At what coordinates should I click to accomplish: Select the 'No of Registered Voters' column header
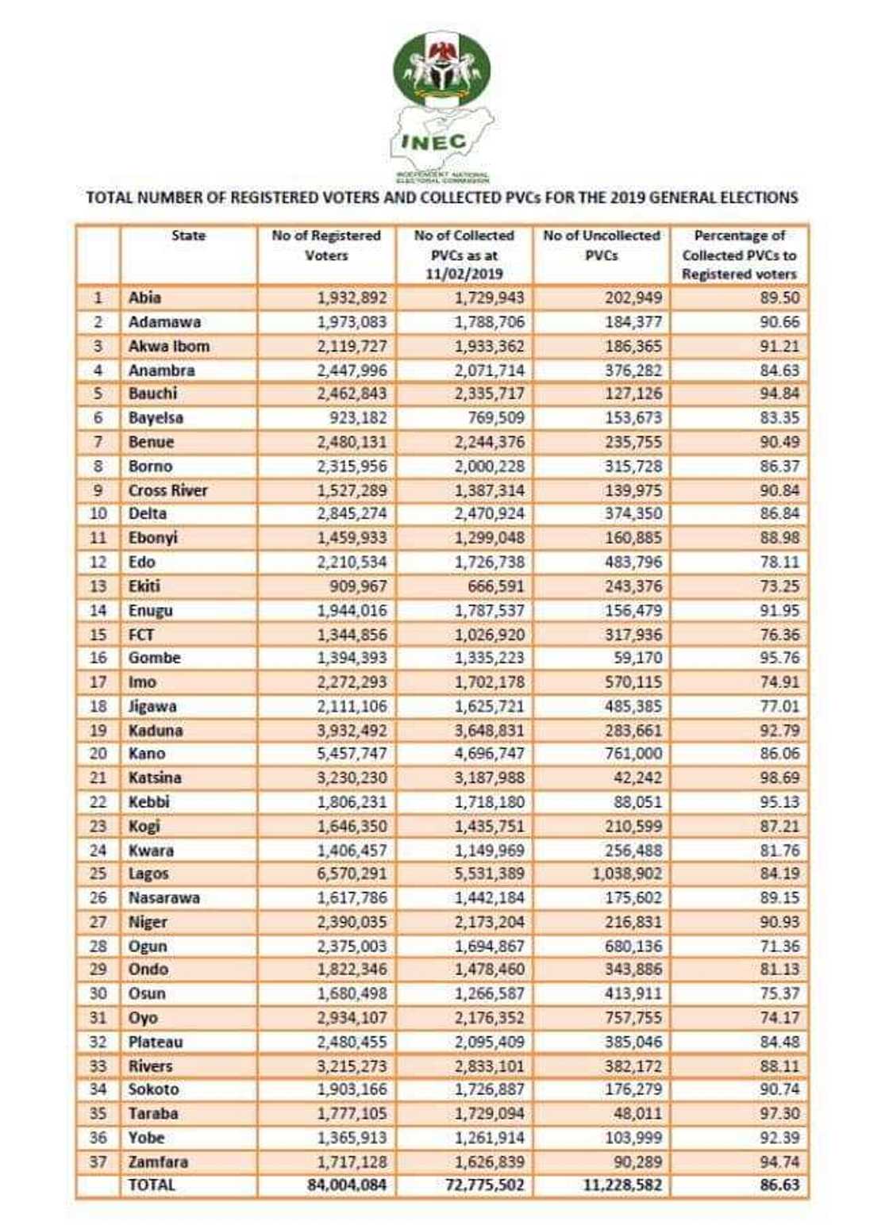tap(326, 245)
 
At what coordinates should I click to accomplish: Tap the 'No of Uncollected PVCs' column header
tap(601, 245)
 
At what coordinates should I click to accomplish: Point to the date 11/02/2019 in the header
tap(464, 275)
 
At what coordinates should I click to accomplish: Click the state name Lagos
tap(148, 874)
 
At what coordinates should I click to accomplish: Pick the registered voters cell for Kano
tap(352, 753)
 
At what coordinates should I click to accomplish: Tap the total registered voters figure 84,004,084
tap(347, 1185)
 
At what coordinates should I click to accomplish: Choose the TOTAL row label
tap(152, 1185)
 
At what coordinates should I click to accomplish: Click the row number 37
tap(98, 1162)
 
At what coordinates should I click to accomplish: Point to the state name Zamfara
tap(159, 1162)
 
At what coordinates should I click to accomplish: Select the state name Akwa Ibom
tap(169, 346)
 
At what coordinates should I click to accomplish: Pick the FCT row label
tap(141, 635)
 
